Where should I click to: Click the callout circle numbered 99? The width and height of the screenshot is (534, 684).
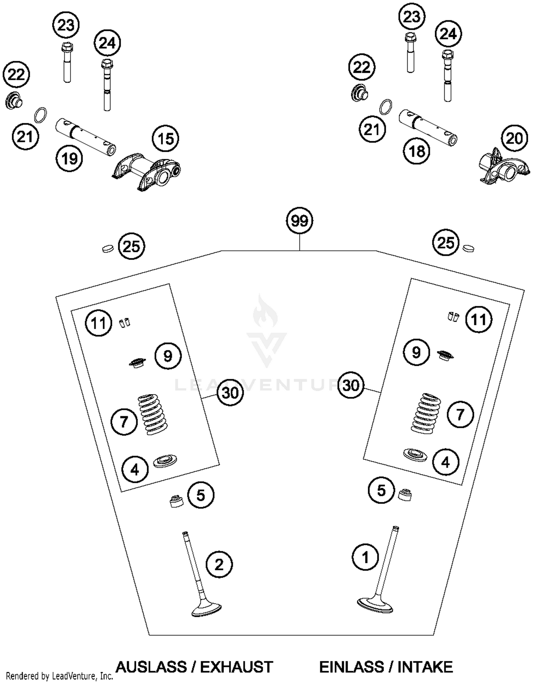(299, 221)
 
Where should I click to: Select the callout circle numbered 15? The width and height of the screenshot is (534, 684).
(166, 139)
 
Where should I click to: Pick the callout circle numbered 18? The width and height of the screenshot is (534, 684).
(417, 151)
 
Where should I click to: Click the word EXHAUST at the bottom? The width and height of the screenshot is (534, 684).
(236, 667)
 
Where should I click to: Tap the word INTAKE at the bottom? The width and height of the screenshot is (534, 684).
(425, 667)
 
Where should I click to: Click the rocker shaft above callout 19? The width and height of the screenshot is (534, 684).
(85, 137)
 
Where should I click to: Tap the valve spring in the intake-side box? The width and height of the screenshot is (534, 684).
(426, 413)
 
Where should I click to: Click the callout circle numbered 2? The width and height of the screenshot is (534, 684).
(219, 564)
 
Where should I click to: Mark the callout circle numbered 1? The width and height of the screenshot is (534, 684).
(365, 557)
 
